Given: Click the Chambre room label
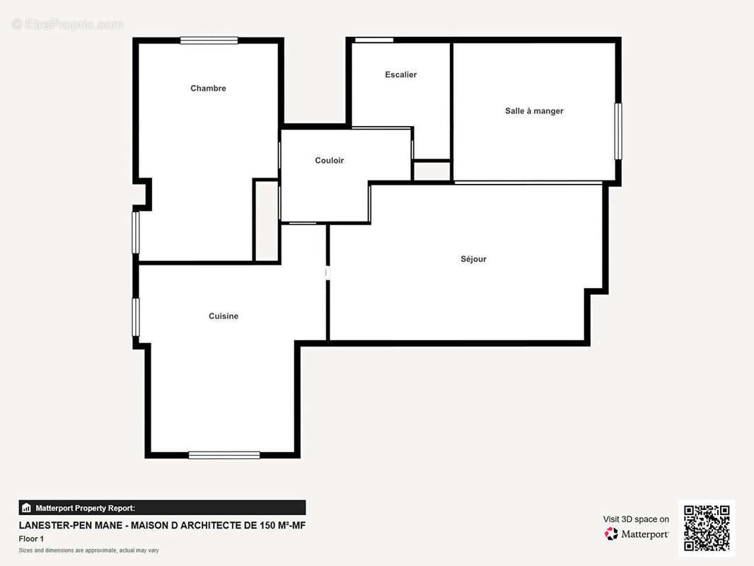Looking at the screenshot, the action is coord(208,88).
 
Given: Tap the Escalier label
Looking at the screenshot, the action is coord(400,74).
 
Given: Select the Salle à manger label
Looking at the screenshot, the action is coord(534,111).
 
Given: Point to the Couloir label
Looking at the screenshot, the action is coord(330,160).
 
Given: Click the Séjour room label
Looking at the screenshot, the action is coord(474,259).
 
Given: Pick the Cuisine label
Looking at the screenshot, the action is coord(224,316).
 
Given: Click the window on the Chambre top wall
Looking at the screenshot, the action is coord(209,40).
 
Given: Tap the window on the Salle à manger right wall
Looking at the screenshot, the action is coord(618,132).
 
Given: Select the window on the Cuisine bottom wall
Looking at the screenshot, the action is coord(224,455).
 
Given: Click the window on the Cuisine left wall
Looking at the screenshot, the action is coord(136,318).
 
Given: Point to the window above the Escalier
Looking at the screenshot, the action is coord(374,40).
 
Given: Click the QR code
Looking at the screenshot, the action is coord(707,528).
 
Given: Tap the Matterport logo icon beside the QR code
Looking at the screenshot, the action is coord(611,533).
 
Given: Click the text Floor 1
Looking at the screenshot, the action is coord(31,538).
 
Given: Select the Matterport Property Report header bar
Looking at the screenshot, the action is coord(162,508).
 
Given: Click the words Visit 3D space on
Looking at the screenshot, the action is coord(636,519).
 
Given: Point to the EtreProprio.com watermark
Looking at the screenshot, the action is coord(68,24).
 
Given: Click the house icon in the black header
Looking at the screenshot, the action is coord(26,508).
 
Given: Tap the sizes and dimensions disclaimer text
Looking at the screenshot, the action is coord(89,550).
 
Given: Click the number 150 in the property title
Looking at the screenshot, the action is coord(268,525).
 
